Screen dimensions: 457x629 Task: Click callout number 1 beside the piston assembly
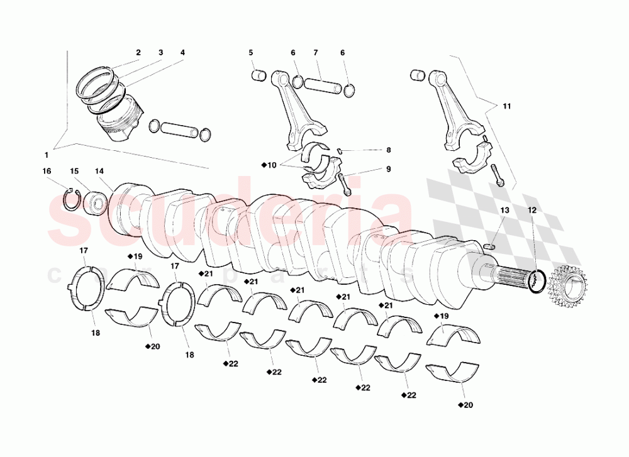pyautogui.click(x=46, y=154)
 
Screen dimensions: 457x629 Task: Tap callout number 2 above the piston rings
pyautogui.click(x=138, y=53)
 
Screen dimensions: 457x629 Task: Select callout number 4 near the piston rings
pyautogui.click(x=182, y=53)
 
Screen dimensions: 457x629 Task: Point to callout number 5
pyautogui.click(x=250, y=53)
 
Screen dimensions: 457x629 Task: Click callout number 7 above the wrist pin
pyautogui.click(x=316, y=53)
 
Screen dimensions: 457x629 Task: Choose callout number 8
pyautogui.click(x=389, y=150)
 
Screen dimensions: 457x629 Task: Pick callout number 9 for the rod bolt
pyautogui.click(x=389, y=169)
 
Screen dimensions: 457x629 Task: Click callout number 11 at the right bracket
pyautogui.click(x=507, y=107)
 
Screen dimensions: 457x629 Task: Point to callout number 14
pyautogui.click(x=99, y=171)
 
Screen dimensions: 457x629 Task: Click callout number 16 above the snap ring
pyautogui.click(x=47, y=171)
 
